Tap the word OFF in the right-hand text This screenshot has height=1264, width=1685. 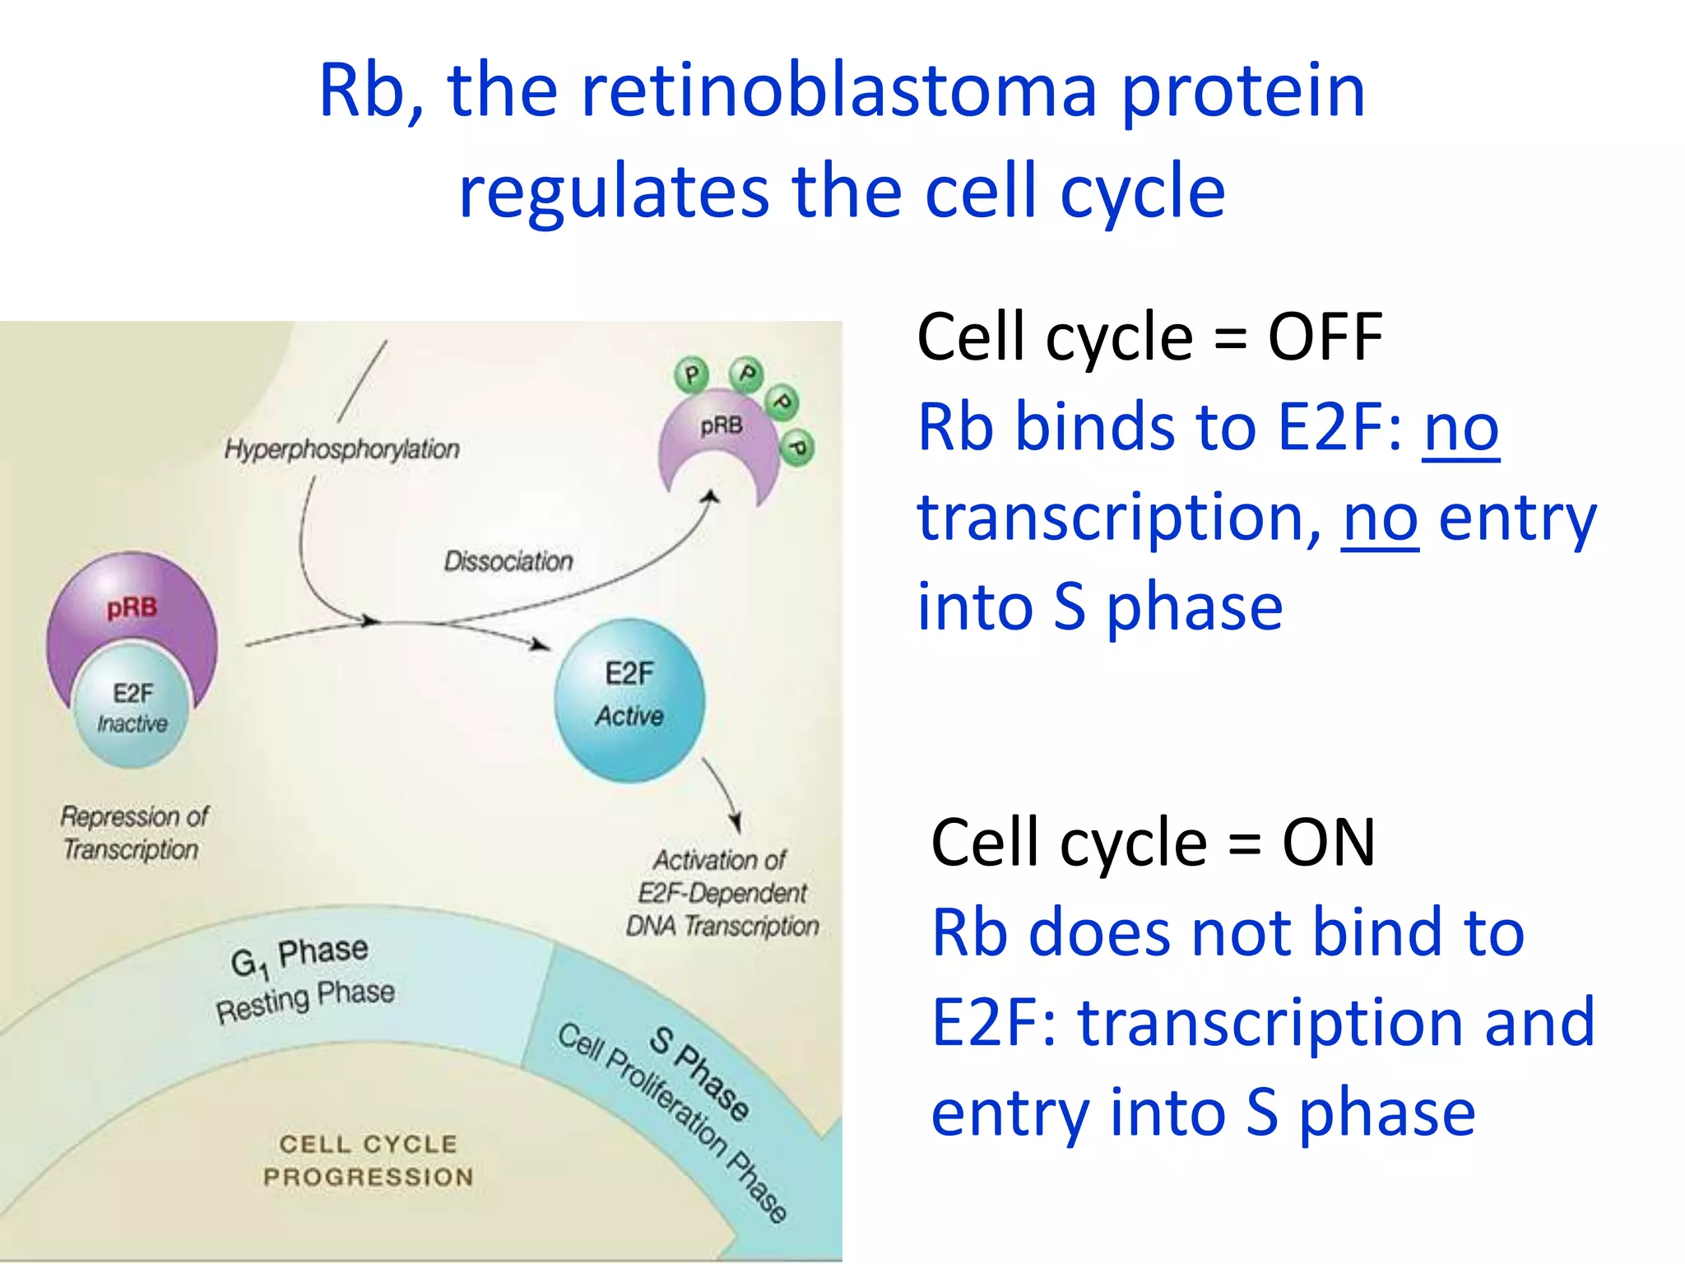pyautogui.click(x=1325, y=337)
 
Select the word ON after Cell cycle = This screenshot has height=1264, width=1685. pyautogui.click(x=1328, y=843)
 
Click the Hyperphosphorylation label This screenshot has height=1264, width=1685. pyautogui.click(x=341, y=449)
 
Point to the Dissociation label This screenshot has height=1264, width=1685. pyautogui.click(x=508, y=561)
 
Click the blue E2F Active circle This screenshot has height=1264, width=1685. pyautogui.click(x=629, y=699)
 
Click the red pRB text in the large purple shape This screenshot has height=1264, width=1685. pyautogui.click(x=132, y=607)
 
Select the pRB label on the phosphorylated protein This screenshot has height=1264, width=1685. pyautogui.click(x=721, y=425)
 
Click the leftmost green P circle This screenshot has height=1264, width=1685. pyautogui.click(x=691, y=374)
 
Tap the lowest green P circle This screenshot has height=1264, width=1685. pyautogui.click(x=796, y=448)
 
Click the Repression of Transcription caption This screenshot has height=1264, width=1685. pyautogui.click(x=133, y=833)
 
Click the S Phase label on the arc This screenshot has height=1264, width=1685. pyautogui.click(x=699, y=1073)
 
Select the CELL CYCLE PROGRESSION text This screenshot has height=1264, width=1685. pyautogui.click(x=368, y=1160)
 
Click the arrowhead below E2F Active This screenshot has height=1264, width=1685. pyautogui.click(x=736, y=823)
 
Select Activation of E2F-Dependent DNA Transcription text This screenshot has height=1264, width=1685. pyautogui.click(x=722, y=893)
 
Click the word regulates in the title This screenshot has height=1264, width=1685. pyautogui.click(x=613, y=191)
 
